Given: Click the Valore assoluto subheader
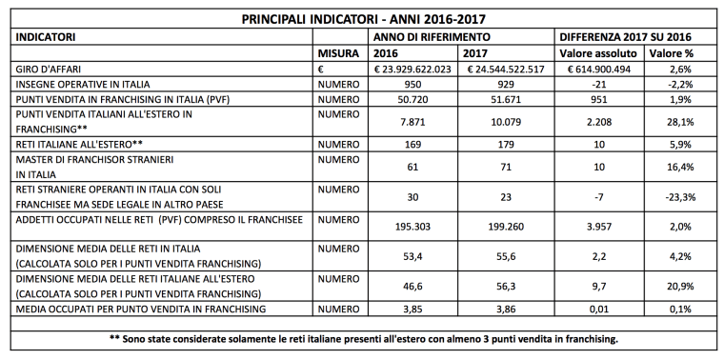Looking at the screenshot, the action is click(593, 54).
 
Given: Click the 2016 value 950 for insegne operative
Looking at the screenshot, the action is click(414, 86).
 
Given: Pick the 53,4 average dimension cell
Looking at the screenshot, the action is click(414, 256).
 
